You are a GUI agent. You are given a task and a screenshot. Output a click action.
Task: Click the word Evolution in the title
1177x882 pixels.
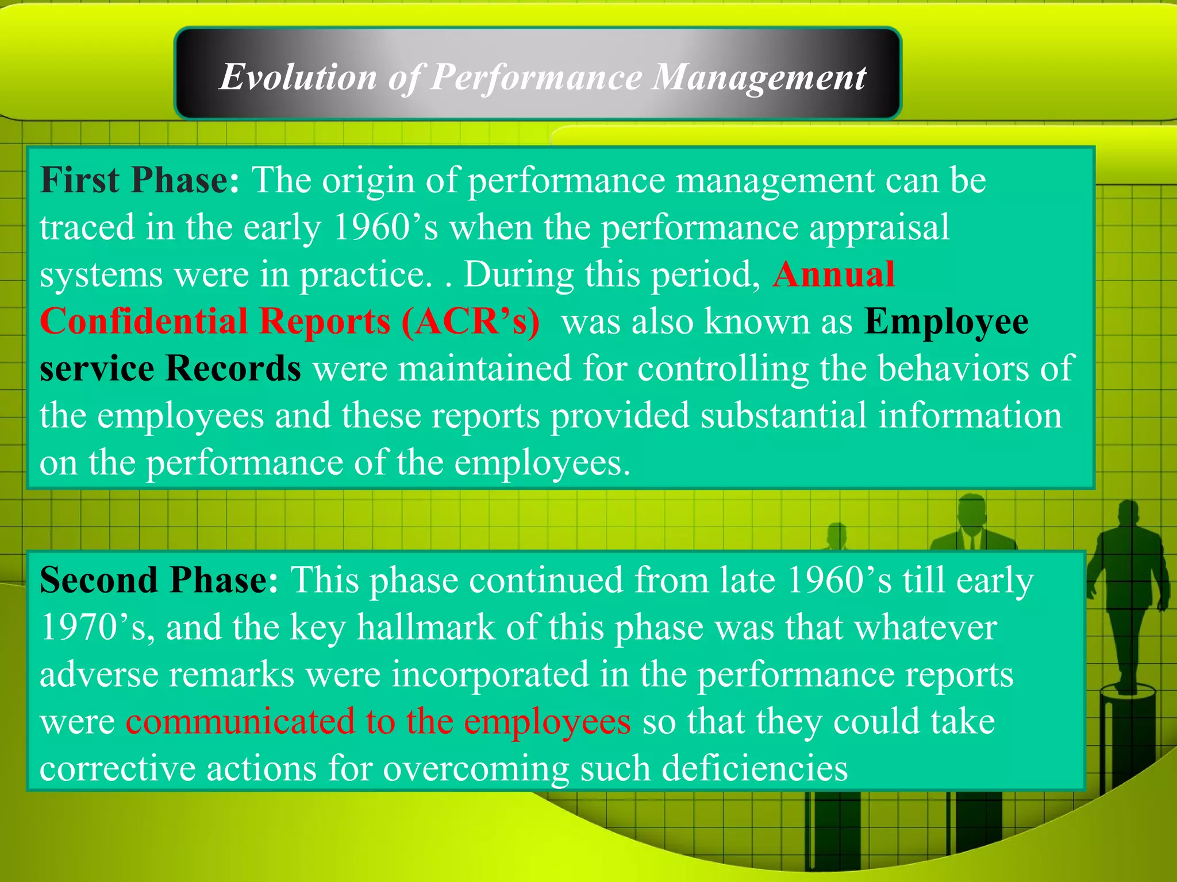click(298, 77)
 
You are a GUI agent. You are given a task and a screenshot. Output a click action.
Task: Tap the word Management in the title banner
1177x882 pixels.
click(759, 77)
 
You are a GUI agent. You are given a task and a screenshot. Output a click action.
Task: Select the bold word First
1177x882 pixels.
click(79, 180)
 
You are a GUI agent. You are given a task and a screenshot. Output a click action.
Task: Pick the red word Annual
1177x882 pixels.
click(833, 274)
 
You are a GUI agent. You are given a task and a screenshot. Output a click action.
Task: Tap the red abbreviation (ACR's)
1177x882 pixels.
click(471, 322)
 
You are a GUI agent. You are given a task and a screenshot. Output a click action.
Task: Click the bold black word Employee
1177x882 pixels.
click(947, 322)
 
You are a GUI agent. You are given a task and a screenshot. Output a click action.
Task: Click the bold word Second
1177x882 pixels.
click(97, 580)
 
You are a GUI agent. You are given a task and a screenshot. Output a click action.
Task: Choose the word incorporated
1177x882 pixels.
click(490, 675)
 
